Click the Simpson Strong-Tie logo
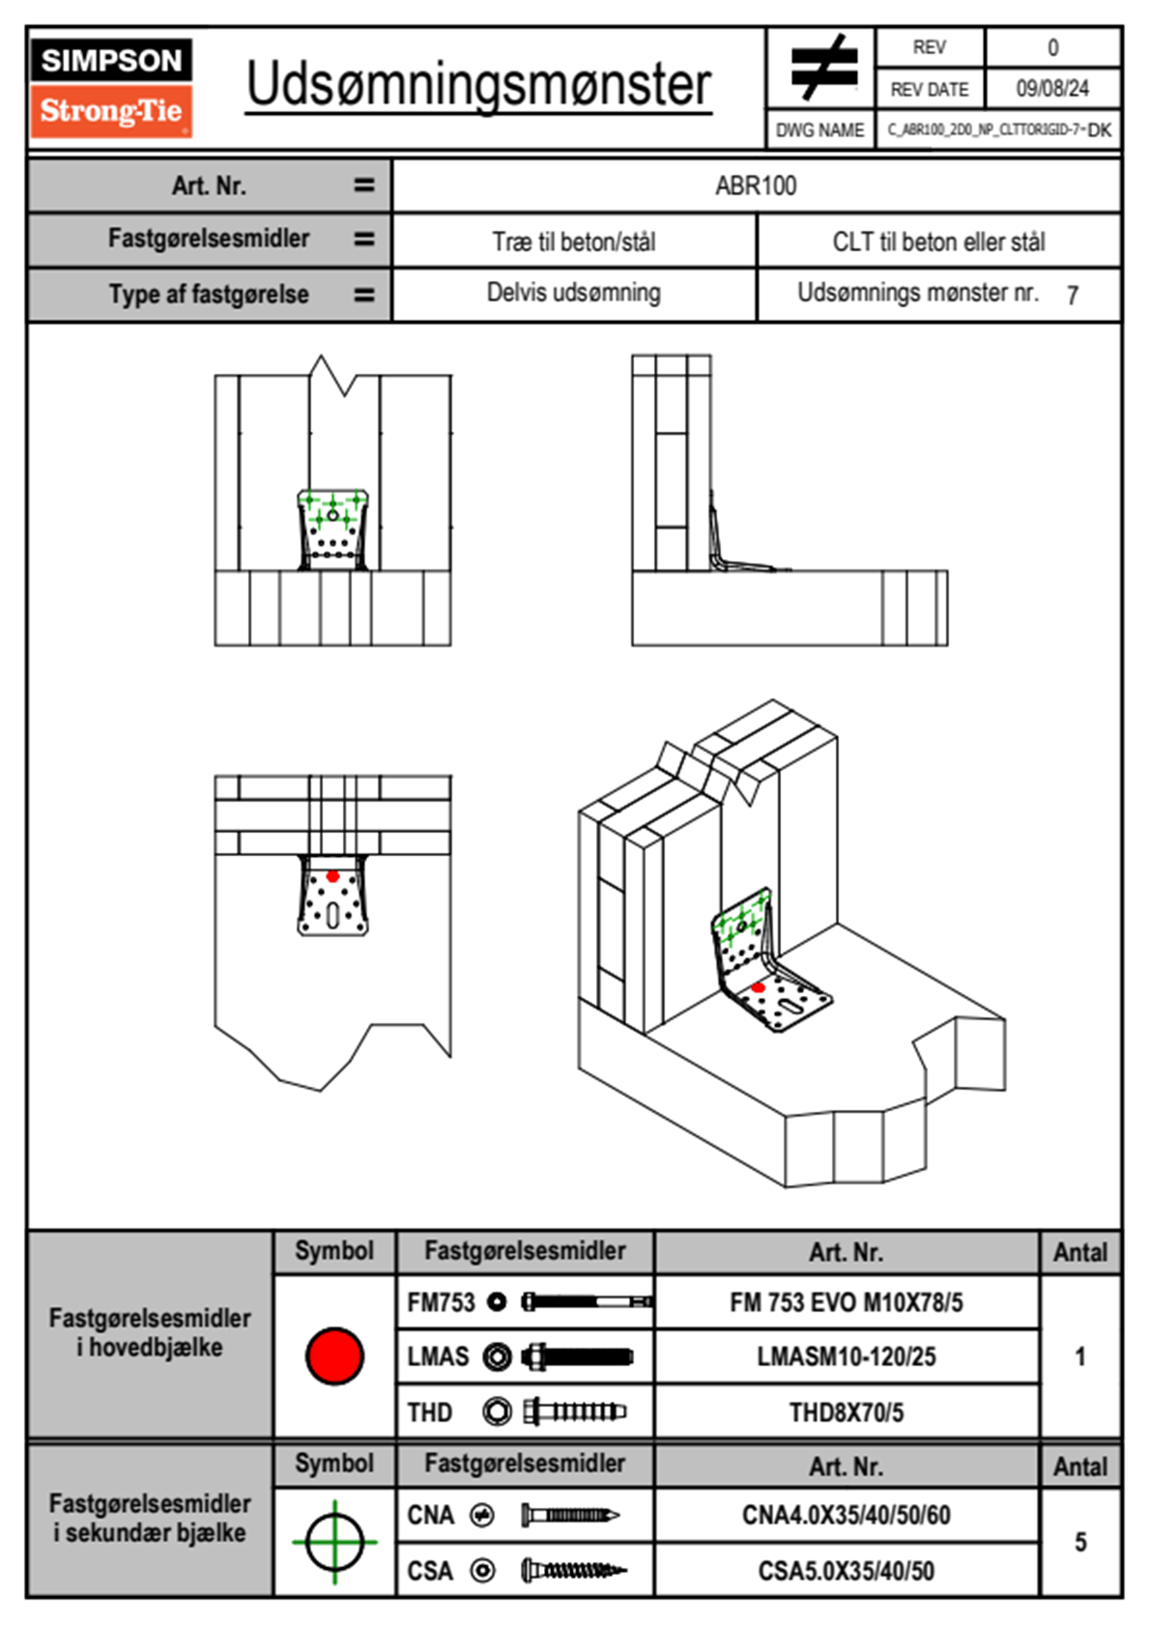pos(110,87)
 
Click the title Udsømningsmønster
pos(478,85)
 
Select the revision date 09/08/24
pos(1051,89)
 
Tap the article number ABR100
pos(756,185)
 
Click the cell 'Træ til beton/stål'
pos(573,242)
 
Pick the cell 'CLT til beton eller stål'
pos(938,242)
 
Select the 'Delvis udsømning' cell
pos(573,293)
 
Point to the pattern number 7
pos(1072,296)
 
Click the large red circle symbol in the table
pos(334,1355)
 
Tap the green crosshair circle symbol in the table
pos(334,1542)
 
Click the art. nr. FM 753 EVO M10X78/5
pos(846,1302)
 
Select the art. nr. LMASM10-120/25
pos(846,1356)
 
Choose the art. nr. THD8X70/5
pos(846,1412)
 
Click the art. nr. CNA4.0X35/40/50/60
pos(846,1515)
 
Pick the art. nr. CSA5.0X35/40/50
pos(846,1571)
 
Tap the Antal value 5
pos(1079,1542)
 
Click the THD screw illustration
pos(574,1412)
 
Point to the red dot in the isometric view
pos(759,987)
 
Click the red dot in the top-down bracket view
pos(332,876)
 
